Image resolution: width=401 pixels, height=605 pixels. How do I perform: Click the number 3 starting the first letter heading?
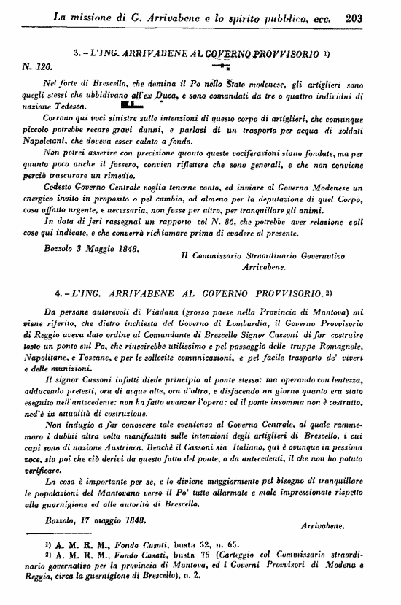pos(77,53)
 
